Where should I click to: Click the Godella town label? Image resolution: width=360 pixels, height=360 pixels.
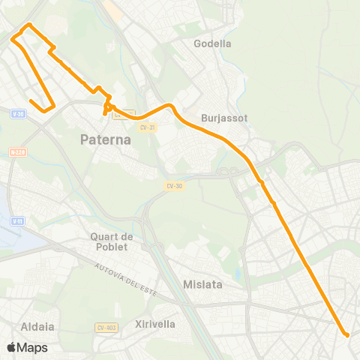click(x=212, y=43)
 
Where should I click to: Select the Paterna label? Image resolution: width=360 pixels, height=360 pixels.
click(x=106, y=139)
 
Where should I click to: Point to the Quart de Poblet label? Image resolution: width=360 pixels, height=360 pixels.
click(x=111, y=242)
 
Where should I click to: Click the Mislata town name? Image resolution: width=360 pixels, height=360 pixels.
click(x=200, y=284)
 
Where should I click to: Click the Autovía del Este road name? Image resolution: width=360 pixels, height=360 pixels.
click(x=124, y=280)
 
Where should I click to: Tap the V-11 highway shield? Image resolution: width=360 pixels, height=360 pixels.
click(x=18, y=220)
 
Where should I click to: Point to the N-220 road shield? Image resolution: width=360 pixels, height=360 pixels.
click(x=18, y=151)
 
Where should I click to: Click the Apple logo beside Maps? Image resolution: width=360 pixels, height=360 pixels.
click(x=10, y=347)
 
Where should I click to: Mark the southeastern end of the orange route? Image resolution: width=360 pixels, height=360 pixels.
click(x=346, y=334)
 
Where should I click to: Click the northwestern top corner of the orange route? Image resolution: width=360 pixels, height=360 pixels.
click(x=29, y=25)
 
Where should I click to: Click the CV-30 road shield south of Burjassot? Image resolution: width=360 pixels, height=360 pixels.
click(x=173, y=185)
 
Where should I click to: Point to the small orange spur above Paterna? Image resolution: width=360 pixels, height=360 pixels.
click(x=105, y=114)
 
